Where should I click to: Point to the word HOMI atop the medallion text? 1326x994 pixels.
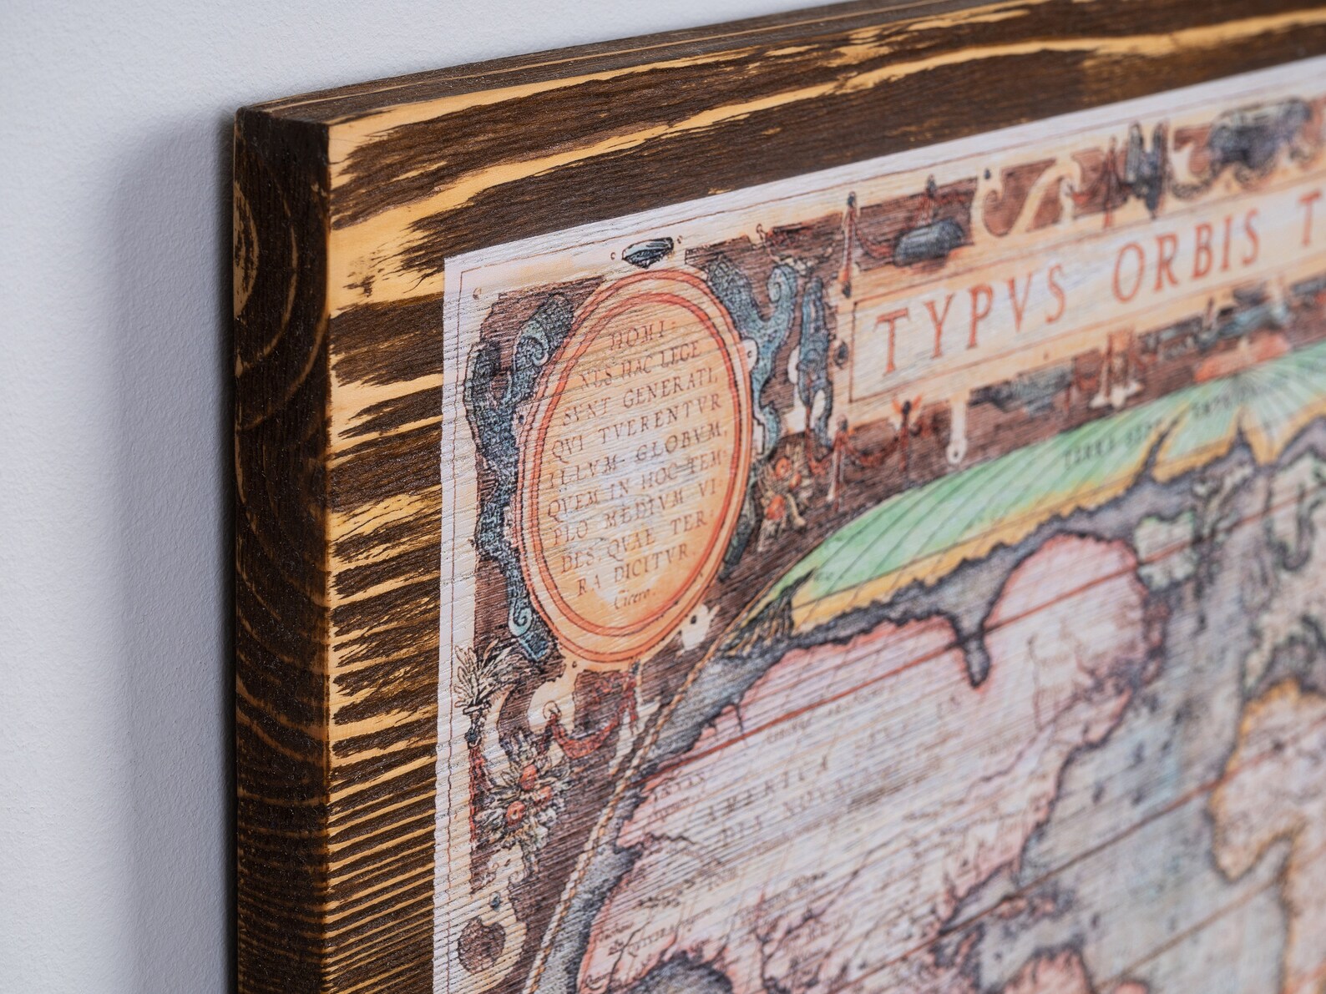tap(634, 338)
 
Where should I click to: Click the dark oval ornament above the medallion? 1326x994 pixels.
tap(646, 250)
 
